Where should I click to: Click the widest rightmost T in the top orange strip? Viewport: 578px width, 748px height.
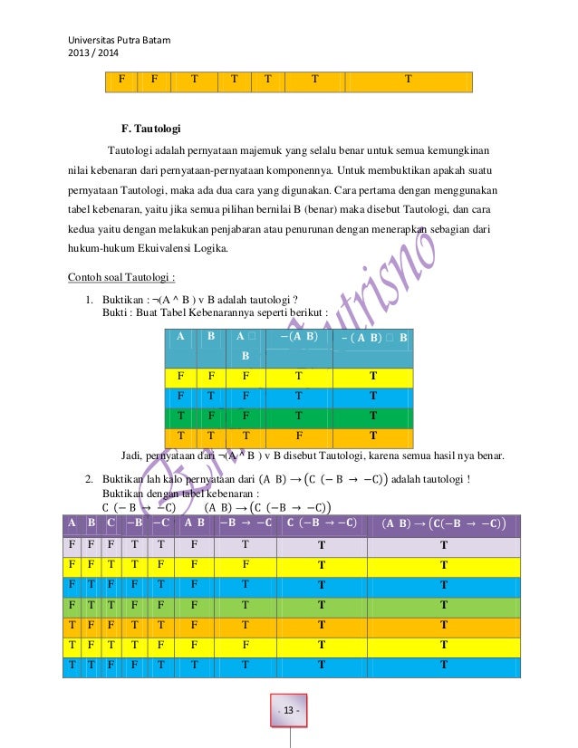tap(407, 79)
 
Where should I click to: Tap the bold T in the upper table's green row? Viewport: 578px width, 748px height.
tap(372, 416)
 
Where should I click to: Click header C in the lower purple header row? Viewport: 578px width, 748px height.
tap(111, 523)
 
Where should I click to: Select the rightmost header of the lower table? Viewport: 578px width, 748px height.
tap(443, 523)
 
